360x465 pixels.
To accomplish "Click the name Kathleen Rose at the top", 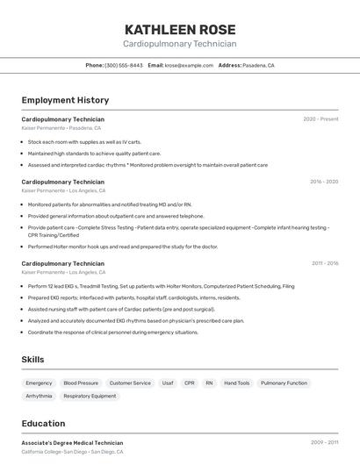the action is pos(180,29).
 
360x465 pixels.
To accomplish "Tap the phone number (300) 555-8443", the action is pos(124,65).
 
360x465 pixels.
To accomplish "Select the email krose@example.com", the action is pos(189,65).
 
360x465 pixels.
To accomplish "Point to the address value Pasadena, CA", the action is pos(258,65).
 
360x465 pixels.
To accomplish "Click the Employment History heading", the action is pos(65,100).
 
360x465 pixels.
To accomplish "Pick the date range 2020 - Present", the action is pos(320,119).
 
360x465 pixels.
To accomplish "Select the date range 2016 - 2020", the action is pos(323,182).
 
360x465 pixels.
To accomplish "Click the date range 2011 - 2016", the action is pos(324,263).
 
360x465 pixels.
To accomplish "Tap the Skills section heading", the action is pos(32,360).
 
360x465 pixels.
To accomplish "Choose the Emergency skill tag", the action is pos(39,383).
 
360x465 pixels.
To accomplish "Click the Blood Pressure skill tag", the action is pos(81,383).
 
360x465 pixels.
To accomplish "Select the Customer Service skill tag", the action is pos(130,383).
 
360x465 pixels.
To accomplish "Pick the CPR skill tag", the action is pos(190,383).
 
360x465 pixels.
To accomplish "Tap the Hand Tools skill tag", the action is pos(237,383).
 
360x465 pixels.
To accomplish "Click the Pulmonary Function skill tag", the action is pos(284,383).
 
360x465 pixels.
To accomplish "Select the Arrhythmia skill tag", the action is pos(39,396).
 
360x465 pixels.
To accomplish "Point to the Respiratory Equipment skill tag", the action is pos(90,396).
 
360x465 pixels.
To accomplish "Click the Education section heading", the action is pos(43,423).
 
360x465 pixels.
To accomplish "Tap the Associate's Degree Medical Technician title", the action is pos(72,443).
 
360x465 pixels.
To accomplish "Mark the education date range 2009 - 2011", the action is pos(324,443).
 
